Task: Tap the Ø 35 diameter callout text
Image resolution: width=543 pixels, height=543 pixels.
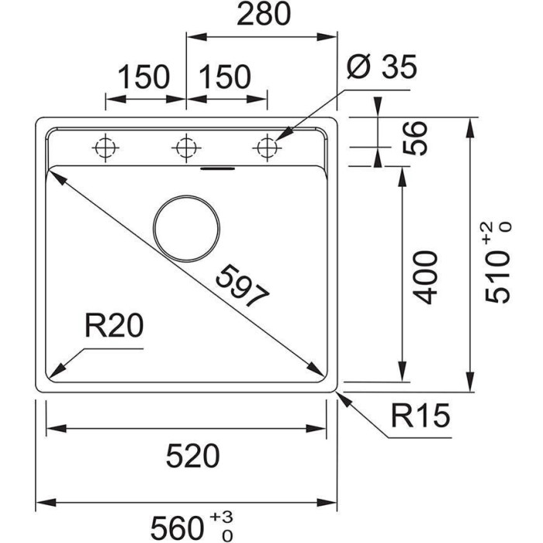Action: tap(381, 68)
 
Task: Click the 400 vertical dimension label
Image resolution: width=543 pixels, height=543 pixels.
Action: tap(426, 277)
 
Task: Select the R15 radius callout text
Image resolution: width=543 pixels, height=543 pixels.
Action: tap(420, 418)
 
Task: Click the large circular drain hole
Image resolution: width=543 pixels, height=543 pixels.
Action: tap(186, 228)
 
